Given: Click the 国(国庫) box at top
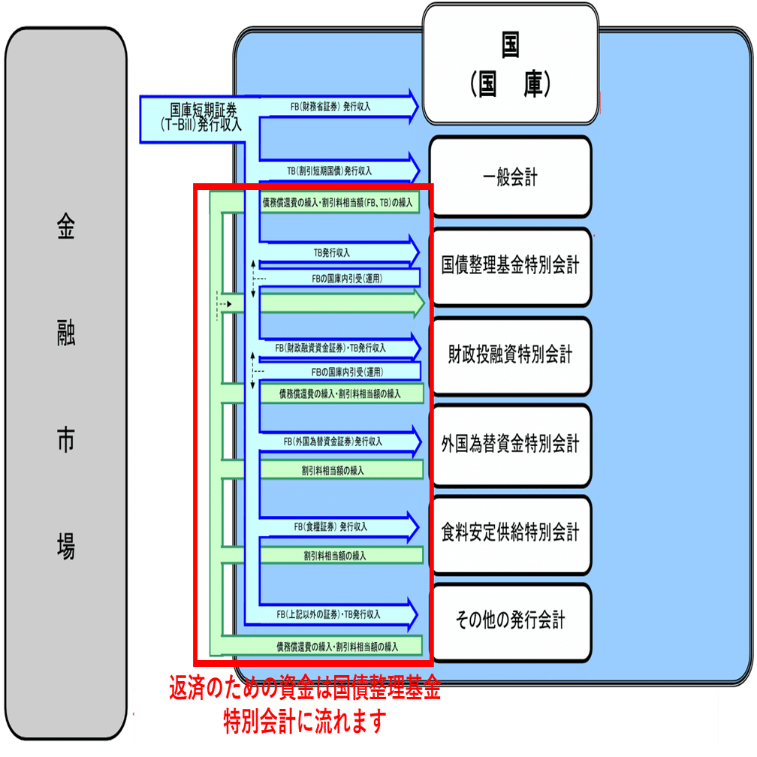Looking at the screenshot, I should tap(510, 65).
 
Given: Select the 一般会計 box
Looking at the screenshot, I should tap(511, 178).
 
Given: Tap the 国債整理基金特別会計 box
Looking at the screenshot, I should tap(511, 266).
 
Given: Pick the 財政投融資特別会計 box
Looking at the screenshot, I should tap(511, 354).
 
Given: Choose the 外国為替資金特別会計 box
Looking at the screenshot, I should tap(511, 445).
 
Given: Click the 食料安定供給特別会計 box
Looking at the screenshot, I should tap(511, 533).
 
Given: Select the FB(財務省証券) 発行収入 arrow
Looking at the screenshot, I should tap(338, 107).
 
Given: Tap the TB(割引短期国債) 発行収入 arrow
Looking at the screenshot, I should tap(338, 170).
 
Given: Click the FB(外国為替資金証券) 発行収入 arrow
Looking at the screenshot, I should tap(338, 442).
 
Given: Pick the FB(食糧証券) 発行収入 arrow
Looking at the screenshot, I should tap(338, 526).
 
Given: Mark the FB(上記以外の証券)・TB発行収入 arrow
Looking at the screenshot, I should tap(338, 614).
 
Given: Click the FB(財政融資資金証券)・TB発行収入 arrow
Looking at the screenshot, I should tap(338, 348).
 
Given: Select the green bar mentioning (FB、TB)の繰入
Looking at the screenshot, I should tap(338, 202).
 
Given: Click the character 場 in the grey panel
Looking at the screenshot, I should tap(66, 547).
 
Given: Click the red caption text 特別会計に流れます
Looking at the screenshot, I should tap(304, 721).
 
